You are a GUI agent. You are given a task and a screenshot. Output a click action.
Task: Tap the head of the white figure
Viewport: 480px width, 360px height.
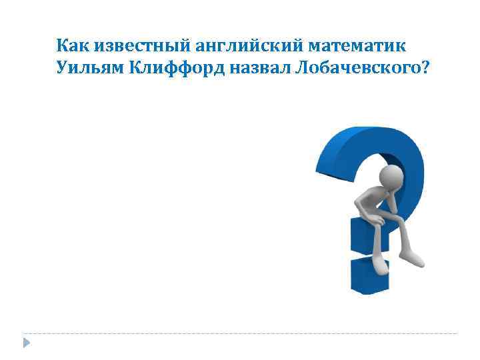391,177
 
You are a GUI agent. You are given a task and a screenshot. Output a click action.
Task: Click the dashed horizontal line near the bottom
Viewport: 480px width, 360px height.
240,333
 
